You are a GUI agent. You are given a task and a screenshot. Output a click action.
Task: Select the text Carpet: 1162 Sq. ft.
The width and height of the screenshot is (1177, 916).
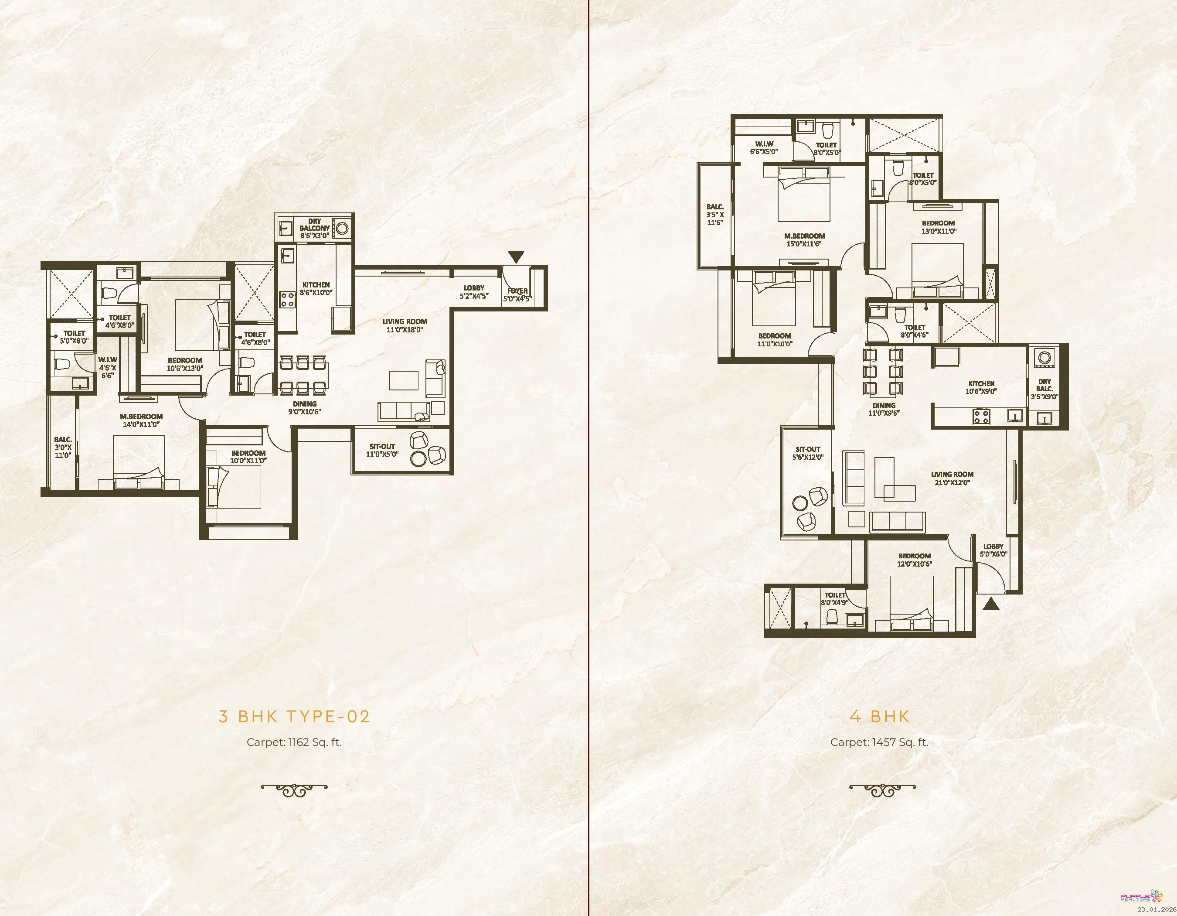point(294,742)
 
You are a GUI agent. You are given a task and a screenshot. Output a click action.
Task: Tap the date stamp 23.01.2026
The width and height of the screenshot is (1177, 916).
point(1157,909)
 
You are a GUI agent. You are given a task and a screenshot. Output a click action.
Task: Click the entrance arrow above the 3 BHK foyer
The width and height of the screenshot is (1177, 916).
point(516,257)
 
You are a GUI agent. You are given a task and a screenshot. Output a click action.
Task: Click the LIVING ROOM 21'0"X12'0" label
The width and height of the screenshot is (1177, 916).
point(952,478)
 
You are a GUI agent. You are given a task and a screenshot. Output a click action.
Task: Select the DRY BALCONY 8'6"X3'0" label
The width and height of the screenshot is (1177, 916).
point(315,228)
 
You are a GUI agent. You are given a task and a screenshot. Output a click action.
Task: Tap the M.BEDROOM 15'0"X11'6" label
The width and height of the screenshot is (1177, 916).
point(804,239)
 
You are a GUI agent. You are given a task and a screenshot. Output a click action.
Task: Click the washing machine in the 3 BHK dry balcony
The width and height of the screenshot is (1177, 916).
point(342,228)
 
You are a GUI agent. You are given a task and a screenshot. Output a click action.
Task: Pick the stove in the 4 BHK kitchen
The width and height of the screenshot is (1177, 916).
point(981,416)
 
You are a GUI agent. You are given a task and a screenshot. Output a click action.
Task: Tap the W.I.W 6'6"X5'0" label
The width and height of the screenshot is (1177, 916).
point(764,148)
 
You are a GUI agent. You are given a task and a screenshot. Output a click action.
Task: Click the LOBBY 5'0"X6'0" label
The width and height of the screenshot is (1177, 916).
point(993,550)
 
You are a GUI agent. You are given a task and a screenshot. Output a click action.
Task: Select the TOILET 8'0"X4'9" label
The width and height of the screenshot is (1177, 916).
point(835,598)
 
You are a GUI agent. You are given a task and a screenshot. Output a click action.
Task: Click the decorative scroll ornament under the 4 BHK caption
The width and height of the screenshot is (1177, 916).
point(883,790)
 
